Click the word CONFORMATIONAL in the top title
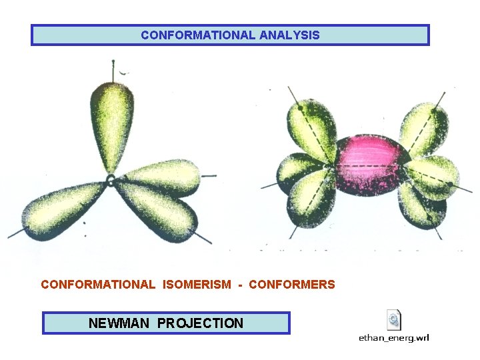pyautogui.click(x=197, y=35)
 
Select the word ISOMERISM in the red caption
pyautogui.click(x=195, y=285)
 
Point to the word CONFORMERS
pyautogui.click(x=292, y=285)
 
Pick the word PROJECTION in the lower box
pyautogui.click(x=201, y=323)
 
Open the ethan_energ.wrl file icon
pyautogui.click(x=394, y=320)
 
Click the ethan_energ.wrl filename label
pyautogui.click(x=394, y=338)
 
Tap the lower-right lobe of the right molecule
pyautogui.click(x=421, y=203)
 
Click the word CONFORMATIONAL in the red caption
pyautogui.click(x=97, y=285)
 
